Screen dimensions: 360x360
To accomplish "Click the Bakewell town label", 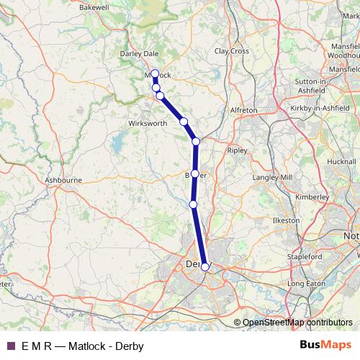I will (x=94, y=6).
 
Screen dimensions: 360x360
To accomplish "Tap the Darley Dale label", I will (x=138, y=52).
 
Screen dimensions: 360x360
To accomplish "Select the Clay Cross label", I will (x=232, y=51).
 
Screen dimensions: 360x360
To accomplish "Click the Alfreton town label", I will (x=243, y=109).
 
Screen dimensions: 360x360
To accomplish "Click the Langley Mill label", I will (x=273, y=177).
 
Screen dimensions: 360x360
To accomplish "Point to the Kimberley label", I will (x=312, y=196).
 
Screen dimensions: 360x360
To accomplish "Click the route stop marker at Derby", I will (x=205, y=267).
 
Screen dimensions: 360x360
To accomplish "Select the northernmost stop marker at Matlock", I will (x=155, y=73).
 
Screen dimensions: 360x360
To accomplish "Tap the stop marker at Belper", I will (x=194, y=174).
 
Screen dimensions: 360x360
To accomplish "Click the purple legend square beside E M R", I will (x=9, y=346).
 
